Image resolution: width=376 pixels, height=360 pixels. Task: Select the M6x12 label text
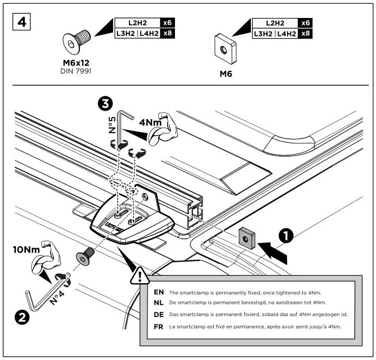click(75, 62)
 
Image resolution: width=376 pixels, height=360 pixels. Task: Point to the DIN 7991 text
click(75, 70)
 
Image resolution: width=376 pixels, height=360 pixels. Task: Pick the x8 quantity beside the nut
click(305, 33)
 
